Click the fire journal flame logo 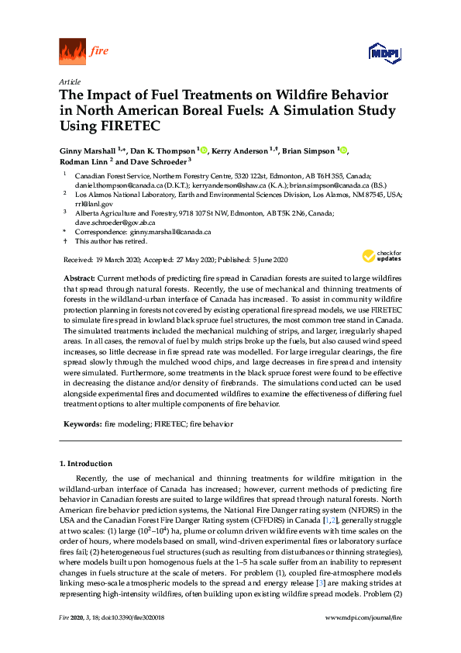pyautogui.click(x=72, y=52)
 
